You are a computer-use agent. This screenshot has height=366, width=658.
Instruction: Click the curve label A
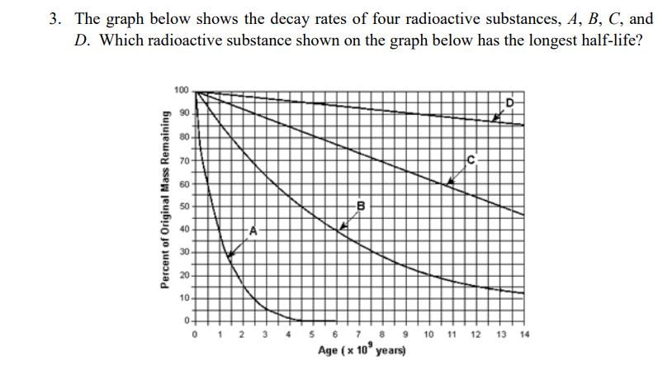[254, 229]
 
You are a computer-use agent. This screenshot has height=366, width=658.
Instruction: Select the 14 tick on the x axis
[524, 335]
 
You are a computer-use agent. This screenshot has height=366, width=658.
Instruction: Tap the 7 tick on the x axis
[359, 335]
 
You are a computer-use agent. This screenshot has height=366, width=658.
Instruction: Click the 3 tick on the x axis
[265, 335]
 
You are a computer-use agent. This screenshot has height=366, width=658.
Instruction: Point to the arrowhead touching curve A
[230, 255]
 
